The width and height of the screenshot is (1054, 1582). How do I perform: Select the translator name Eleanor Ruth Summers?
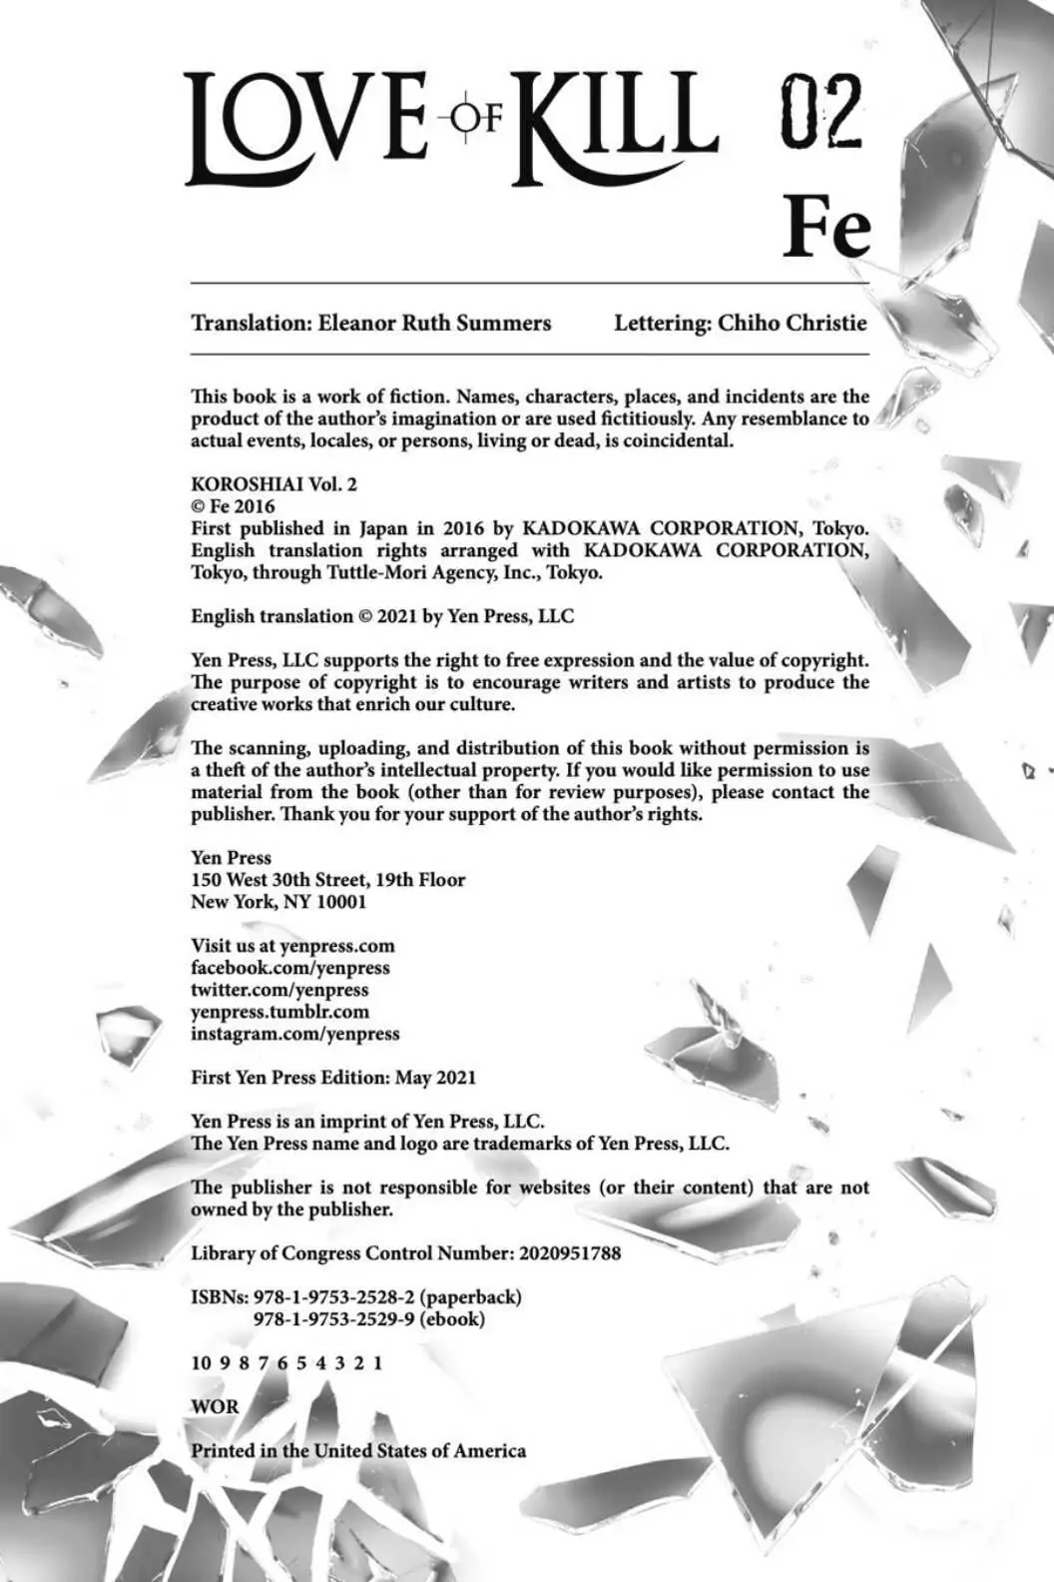tap(434, 323)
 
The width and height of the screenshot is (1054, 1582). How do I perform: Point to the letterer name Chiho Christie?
tap(792, 323)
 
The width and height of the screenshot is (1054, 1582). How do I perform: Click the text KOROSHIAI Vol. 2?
tap(273, 484)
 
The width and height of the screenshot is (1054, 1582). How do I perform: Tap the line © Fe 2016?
tap(234, 506)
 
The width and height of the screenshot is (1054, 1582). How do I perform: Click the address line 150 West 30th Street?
tap(327, 880)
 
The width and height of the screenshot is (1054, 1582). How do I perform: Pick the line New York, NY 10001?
tap(278, 902)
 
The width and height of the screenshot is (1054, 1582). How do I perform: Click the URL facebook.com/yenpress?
tap(289, 968)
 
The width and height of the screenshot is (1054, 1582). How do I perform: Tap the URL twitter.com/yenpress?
tap(279, 990)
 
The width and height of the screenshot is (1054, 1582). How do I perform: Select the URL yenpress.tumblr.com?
tap(279, 1012)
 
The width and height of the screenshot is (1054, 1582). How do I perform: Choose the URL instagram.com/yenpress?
tap(294, 1034)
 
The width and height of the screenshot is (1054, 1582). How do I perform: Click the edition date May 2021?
tap(435, 1078)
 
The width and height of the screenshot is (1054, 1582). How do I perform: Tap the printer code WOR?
tap(215, 1407)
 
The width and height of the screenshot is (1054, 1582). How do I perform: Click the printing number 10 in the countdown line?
tap(201, 1363)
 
